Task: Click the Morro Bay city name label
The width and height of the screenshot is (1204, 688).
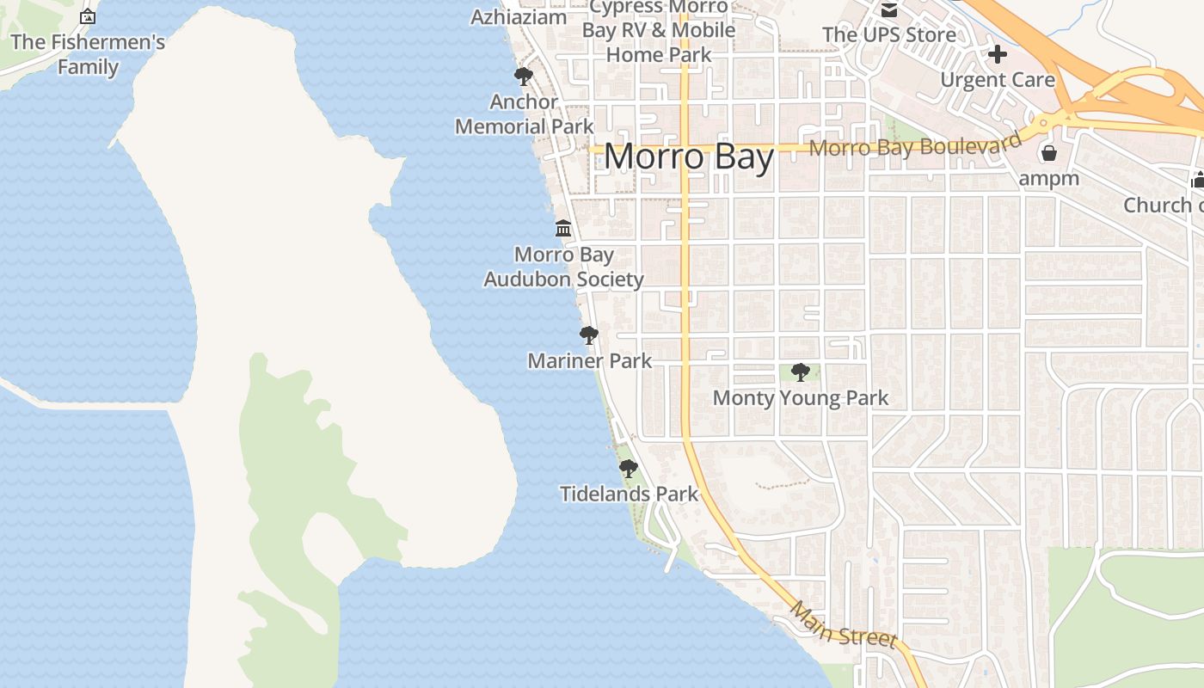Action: (689, 157)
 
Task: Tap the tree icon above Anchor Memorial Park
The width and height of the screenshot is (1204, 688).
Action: (523, 77)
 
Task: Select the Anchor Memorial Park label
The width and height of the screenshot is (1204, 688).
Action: (524, 114)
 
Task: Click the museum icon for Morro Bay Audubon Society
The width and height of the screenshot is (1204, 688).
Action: (563, 229)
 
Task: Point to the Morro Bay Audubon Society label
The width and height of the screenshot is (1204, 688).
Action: (563, 267)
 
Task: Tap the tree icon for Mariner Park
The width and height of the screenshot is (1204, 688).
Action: (589, 335)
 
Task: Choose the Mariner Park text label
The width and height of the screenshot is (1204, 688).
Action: (590, 361)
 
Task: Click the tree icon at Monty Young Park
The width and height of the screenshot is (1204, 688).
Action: (801, 372)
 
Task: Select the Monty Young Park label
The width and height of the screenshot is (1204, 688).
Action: (801, 398)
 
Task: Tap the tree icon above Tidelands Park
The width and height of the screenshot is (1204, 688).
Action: (629, 469)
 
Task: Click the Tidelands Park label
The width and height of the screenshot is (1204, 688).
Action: (630, 494)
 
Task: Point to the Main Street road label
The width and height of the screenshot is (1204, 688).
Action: (843, 625)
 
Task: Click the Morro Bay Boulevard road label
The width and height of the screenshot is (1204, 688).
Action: (916, 145)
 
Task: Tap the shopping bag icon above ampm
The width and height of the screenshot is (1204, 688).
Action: (1048, 154)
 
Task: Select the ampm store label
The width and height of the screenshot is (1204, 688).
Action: (1048, 179)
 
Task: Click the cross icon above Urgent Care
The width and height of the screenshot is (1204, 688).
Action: (998, 54)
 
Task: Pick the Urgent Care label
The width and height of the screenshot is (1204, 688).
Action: (998, 80)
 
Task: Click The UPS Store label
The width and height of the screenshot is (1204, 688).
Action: (889, 35)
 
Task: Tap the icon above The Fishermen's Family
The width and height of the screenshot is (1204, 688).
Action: (88, 16)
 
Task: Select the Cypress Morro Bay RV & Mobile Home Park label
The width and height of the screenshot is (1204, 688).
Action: (659, 31)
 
